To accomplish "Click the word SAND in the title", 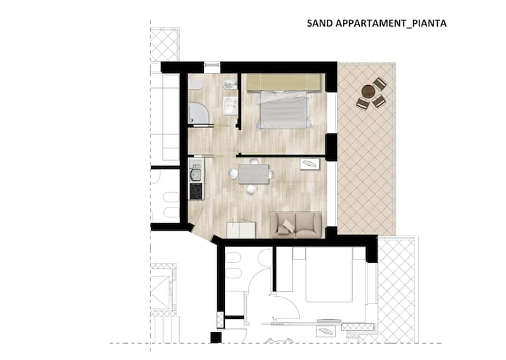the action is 320,24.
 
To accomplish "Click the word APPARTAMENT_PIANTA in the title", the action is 391,24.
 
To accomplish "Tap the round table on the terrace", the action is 368,91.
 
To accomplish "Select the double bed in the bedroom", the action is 283,110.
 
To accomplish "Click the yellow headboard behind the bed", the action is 286,83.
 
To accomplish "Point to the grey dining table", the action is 254,174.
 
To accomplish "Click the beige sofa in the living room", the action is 297,225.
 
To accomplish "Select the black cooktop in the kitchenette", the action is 196,191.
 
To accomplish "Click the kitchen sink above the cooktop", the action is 195,174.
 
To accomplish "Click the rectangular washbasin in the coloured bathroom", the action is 231,105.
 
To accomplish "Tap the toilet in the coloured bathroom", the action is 195,85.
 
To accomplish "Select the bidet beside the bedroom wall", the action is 229,85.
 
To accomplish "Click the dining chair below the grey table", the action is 252,190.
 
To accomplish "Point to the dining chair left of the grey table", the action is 233,174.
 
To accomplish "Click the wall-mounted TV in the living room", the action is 310,164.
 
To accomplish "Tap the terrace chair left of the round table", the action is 363,103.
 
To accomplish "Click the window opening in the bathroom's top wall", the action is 212,67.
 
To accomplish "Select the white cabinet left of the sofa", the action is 241,229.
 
